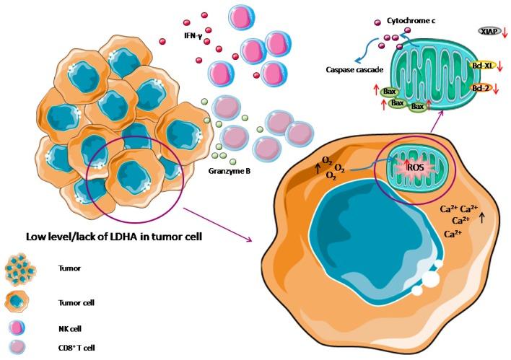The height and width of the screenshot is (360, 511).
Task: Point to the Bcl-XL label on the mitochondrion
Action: [x=480, y=65]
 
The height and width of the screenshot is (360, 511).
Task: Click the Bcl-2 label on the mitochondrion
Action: [x=480, y=88]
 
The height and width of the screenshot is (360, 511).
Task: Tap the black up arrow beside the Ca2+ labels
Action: [x=482, y=216]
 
